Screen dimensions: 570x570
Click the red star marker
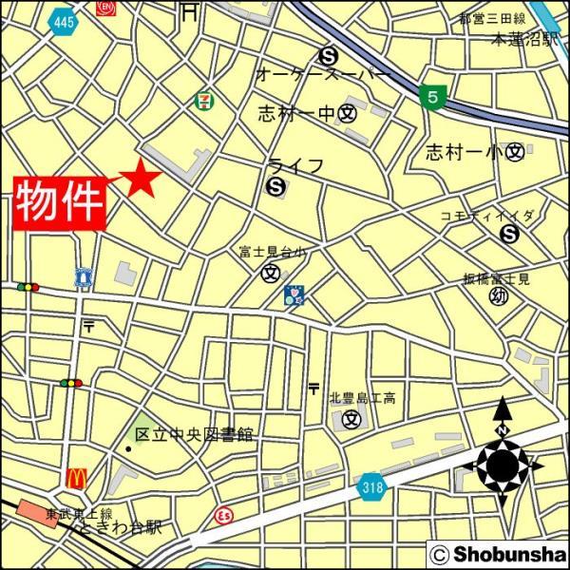(141, 178)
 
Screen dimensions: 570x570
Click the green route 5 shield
(432, 96)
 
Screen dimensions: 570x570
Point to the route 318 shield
(371, 487)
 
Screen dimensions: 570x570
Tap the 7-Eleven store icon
(203, 99)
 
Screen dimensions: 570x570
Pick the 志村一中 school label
(297, 114)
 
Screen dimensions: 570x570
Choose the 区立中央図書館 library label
(194, 434)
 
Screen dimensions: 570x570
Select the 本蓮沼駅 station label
(522, 40)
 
